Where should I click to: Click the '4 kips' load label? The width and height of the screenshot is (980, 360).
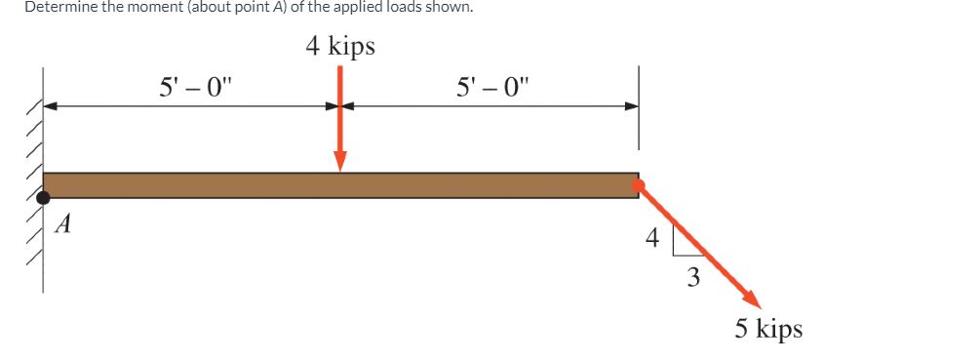[339, 46]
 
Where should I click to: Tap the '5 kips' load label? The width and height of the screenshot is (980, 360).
[768, 328]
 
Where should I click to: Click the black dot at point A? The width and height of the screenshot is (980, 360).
[44, 198]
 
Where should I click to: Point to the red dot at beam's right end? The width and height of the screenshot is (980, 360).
[638, 184]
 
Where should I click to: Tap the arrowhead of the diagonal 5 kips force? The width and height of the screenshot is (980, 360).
[751, 299]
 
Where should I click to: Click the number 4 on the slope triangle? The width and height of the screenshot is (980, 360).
[653, 237]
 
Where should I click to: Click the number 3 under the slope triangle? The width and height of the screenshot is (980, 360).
[692, 278]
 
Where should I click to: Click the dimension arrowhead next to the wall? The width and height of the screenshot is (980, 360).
[51, 106]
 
